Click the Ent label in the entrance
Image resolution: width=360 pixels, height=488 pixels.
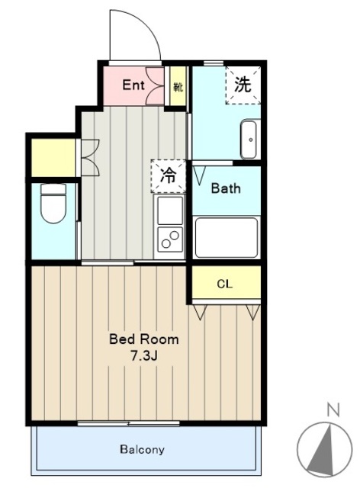coord(134,85)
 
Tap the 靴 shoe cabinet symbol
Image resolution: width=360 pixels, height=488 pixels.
coord(178,85)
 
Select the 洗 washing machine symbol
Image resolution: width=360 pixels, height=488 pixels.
coord(243,85)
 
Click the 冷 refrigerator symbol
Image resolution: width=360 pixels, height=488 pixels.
coord(169,175)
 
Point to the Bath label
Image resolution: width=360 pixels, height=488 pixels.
coord(226,188)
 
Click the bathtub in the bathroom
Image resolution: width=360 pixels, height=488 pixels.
coord(226,237)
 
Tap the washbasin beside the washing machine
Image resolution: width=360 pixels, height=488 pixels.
coord(250,137)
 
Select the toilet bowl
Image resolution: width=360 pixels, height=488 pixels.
coord(53,204)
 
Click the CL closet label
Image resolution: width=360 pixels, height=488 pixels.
coord(225,284)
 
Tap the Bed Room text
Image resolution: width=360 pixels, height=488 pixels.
coord(144,339)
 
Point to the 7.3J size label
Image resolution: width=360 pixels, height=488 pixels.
coord(144,355)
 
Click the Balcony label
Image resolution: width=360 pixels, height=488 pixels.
coord(142,450)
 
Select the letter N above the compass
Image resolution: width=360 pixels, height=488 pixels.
coord(332,409)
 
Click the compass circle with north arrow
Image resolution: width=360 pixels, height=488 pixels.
coord(325,450)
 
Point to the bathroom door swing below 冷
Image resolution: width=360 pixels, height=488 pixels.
coord(200,175)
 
